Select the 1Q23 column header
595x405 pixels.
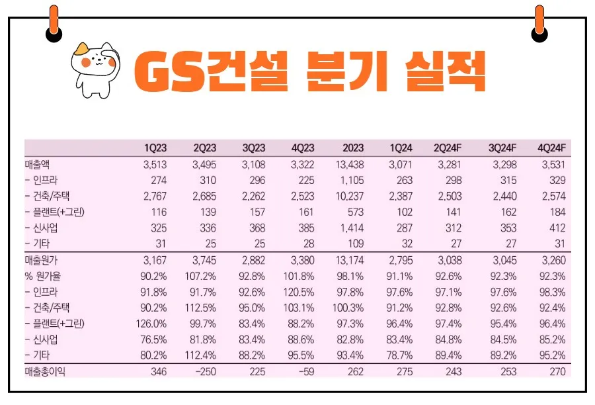pos(155,148)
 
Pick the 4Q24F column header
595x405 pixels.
pos(551,148)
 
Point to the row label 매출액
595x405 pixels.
pos(41,164)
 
